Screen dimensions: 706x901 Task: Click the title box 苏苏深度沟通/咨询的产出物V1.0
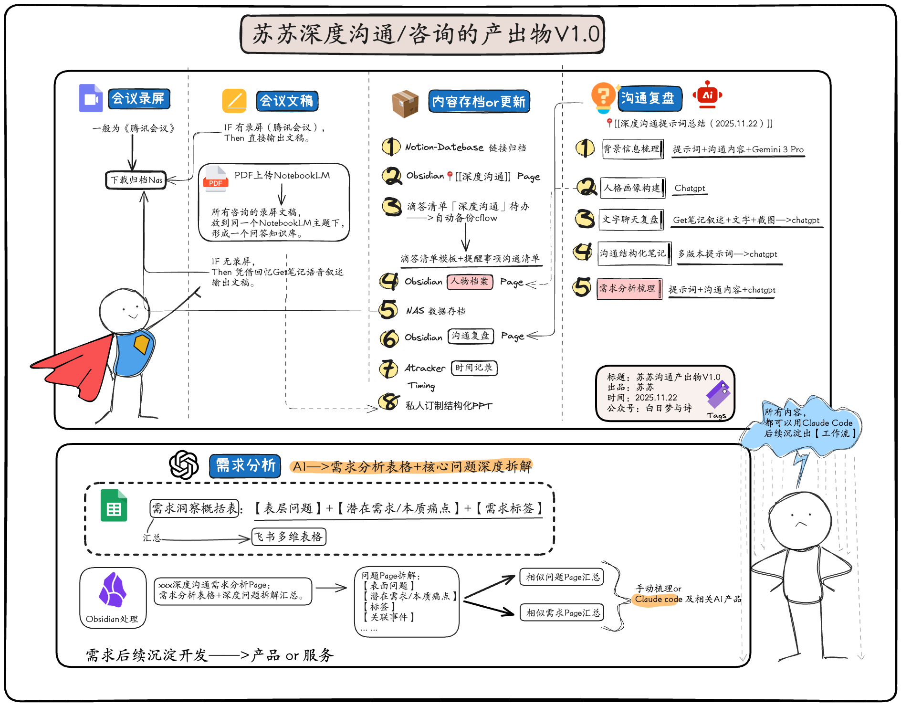[422, 34]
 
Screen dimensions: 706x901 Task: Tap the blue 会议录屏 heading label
[138, 99]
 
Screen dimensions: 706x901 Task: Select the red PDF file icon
[215, 179]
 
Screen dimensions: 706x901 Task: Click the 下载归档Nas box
[136, 180]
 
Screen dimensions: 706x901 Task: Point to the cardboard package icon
[405, 103]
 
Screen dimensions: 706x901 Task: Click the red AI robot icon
[707, 95]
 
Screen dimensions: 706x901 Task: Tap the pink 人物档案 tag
[470, 282]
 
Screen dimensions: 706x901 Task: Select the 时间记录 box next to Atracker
[474, 368]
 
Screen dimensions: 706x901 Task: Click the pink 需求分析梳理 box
[629, 289]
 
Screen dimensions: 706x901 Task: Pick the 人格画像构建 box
[632, 188]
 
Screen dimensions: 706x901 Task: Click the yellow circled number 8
[389, 401]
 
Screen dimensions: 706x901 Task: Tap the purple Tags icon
[718, 394]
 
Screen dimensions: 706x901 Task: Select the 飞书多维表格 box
[289, 537]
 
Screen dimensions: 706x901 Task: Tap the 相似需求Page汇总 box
[562, 612]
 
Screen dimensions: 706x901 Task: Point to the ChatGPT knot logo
[184, 464]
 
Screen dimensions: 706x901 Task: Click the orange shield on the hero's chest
[142, 343]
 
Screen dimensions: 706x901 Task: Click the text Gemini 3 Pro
[778, 149]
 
